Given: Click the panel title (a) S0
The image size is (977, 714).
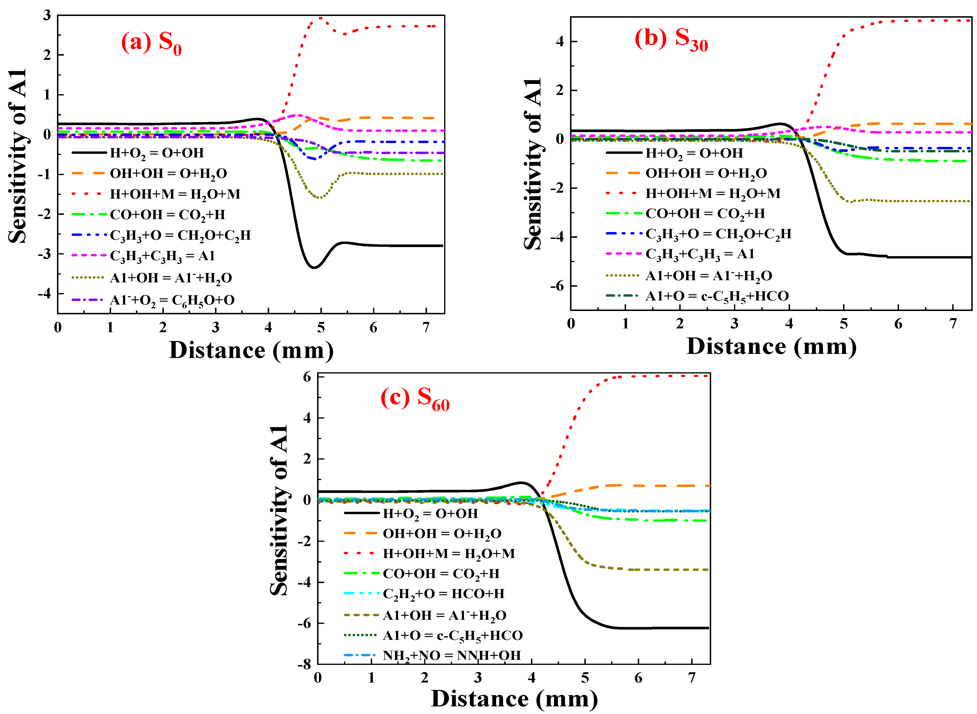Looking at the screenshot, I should (x=151, y=43).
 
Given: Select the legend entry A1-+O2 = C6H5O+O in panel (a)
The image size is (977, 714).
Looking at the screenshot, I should (x=172, y=300).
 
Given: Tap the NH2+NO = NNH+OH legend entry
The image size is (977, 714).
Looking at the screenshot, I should (x=452, y=655).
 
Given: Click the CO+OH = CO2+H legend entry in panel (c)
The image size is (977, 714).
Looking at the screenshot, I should (x=441, y=574).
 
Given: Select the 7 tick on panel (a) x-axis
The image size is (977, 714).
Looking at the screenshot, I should (x=426, y=328).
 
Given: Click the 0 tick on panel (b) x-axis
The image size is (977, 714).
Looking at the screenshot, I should (x=571, y=324).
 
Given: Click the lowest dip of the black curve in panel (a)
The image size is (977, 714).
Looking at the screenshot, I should (x=314, y=268).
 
